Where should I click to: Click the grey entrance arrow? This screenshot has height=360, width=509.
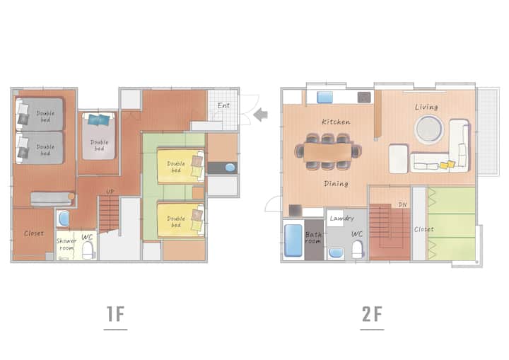(260, 115)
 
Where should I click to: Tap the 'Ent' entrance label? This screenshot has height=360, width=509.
(223, 105)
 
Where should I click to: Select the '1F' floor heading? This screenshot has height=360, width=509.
(115, 314)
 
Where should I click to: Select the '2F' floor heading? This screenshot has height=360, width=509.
(372, 314)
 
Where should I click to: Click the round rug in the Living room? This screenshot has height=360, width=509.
(429, 129)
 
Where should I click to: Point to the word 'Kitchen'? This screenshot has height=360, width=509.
(336, 122)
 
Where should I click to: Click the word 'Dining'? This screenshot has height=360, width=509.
(336, 184)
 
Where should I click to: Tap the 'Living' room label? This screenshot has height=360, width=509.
(426, 107)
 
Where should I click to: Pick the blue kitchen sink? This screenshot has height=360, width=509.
(325, 97)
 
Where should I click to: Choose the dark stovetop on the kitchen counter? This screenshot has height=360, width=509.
(364, 97)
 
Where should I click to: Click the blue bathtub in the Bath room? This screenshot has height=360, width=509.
(293, 240)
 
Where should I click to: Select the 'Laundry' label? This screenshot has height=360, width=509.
(342, 219)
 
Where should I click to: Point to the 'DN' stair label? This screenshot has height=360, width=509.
(402, 204)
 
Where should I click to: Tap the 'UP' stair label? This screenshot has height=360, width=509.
(110, 192)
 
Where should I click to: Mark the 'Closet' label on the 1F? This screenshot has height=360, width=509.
(34, 233)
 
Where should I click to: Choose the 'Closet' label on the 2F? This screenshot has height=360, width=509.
(423, 229)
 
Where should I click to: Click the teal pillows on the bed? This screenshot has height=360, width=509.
(99, 120)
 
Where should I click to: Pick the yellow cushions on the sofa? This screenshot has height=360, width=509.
(447, 165)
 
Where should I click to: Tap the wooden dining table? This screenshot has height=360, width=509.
(327, 152)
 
